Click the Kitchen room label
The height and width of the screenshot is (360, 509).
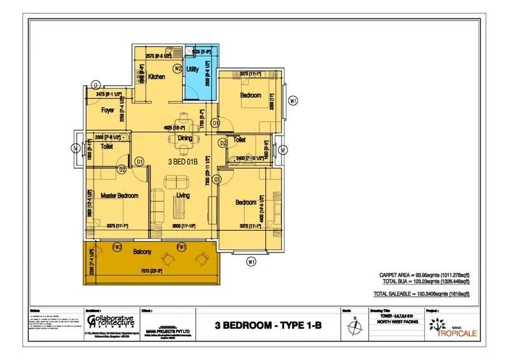157,77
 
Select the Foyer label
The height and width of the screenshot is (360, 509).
108,110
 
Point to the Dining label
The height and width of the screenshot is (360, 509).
185,137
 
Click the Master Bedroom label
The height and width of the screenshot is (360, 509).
120,195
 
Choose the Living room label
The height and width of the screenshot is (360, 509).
183,195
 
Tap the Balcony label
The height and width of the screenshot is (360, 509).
142,253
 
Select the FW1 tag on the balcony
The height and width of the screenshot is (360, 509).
181,246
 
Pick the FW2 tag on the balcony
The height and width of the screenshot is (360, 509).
117,246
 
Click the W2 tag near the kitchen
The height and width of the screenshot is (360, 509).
178,68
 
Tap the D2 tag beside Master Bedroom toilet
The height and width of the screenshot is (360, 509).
121,169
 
